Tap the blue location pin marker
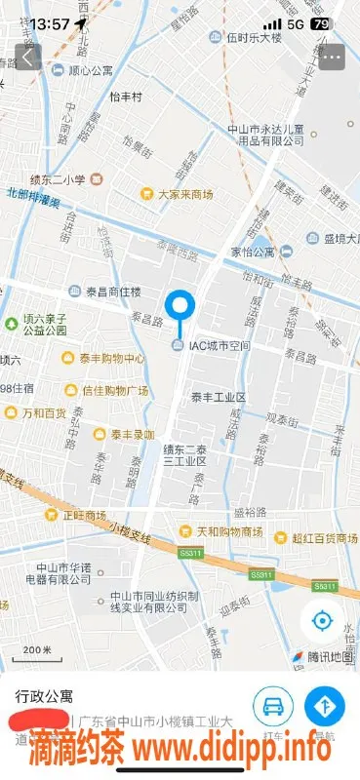[180, 307]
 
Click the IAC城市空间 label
[220, 346]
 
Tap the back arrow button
[27, 57]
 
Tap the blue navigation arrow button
[324, 705]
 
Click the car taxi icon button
[273, 705]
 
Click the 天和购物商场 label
[228, 531]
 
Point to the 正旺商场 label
[84, 515]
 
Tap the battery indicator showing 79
[321, 23]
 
